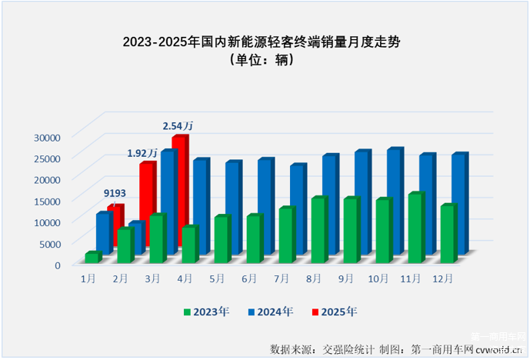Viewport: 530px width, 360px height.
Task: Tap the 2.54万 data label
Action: [x=178, y=125]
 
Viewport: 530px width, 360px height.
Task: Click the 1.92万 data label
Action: [x=143, y=153]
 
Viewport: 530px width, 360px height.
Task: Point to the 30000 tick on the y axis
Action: [x=47, y=137]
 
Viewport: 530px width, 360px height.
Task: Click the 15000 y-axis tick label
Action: [x=47, y=201]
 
